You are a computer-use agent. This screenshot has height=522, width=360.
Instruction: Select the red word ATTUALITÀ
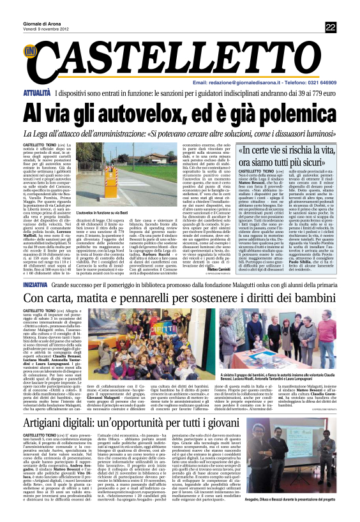(38, 93)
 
